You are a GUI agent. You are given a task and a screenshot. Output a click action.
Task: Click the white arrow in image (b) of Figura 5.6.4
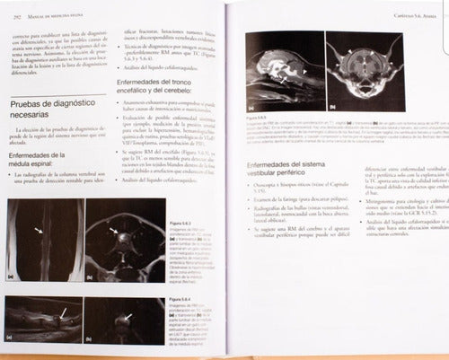click(131, 317)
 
